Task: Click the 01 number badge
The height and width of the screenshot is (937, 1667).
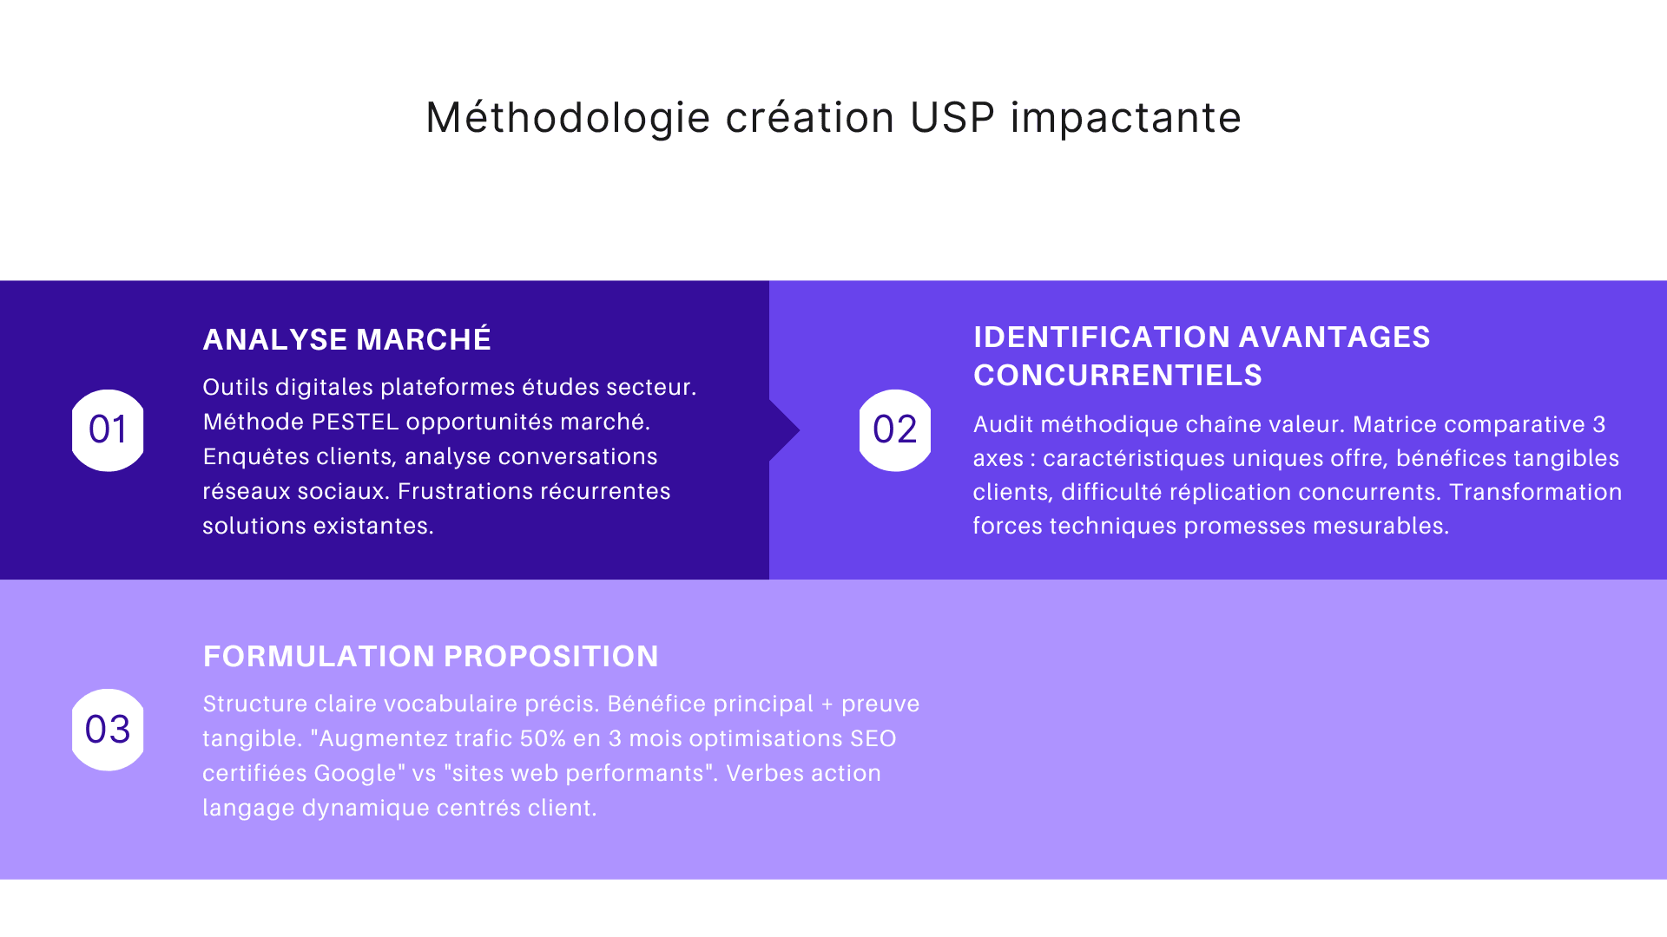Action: (x=108, y=430)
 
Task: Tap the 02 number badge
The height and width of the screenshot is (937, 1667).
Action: (x=894, y=430)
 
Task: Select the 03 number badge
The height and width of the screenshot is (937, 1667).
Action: (x=108, y=730)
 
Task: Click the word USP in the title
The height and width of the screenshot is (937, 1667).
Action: (x=952, y=118)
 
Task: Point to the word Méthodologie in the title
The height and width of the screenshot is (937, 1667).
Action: (x=568, y=118)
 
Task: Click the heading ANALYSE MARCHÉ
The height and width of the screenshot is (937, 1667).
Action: (x=346, y=339)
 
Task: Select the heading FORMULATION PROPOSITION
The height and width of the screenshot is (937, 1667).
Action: (x=431, y=656)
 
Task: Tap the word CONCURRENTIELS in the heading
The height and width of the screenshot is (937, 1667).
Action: (x=1117, y=376)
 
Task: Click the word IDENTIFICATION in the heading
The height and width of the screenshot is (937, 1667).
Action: (x=1102, y=337)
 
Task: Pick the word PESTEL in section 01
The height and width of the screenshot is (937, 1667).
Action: (x=355, y=423)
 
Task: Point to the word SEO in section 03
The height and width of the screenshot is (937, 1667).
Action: (x=873, y=739)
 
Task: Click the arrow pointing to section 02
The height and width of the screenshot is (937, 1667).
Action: (x=784, y=430)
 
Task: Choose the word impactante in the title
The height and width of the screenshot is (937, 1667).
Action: (x=1125, y=118)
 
